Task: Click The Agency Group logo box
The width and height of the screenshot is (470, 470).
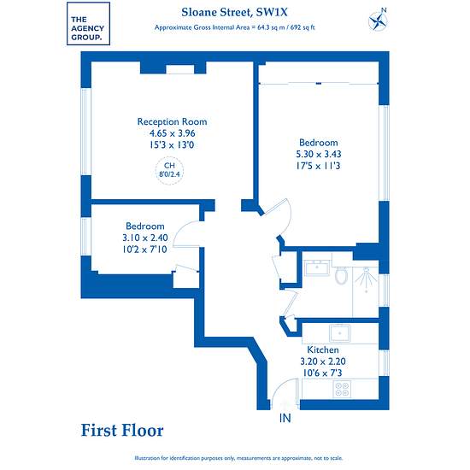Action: point(88,24)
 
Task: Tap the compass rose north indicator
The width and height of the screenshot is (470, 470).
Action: point(378,20)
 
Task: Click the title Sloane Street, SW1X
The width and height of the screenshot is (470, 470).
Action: point(234,12)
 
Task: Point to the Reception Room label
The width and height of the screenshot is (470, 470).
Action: point(172,121)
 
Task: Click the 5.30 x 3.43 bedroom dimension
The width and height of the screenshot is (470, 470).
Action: point(319,154)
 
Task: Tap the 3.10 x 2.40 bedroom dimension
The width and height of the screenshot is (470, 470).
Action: point(145,238)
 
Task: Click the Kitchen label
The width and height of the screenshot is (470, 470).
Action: point(323,350)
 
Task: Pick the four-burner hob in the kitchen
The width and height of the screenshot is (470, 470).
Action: point(342,389)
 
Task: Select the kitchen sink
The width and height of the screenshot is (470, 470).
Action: point(339,333)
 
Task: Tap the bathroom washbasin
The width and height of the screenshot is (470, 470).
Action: point(317,267)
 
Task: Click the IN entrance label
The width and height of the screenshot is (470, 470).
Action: point(285,418)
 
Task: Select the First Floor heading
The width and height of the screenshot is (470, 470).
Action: point(122,431)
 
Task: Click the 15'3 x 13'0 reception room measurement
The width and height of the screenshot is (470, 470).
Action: point(172,145)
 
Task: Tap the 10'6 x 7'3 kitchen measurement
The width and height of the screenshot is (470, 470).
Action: point(322,373)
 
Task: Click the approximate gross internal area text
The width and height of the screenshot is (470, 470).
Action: point(234,27)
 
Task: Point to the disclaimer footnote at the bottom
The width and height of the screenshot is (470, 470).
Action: point(238,458)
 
